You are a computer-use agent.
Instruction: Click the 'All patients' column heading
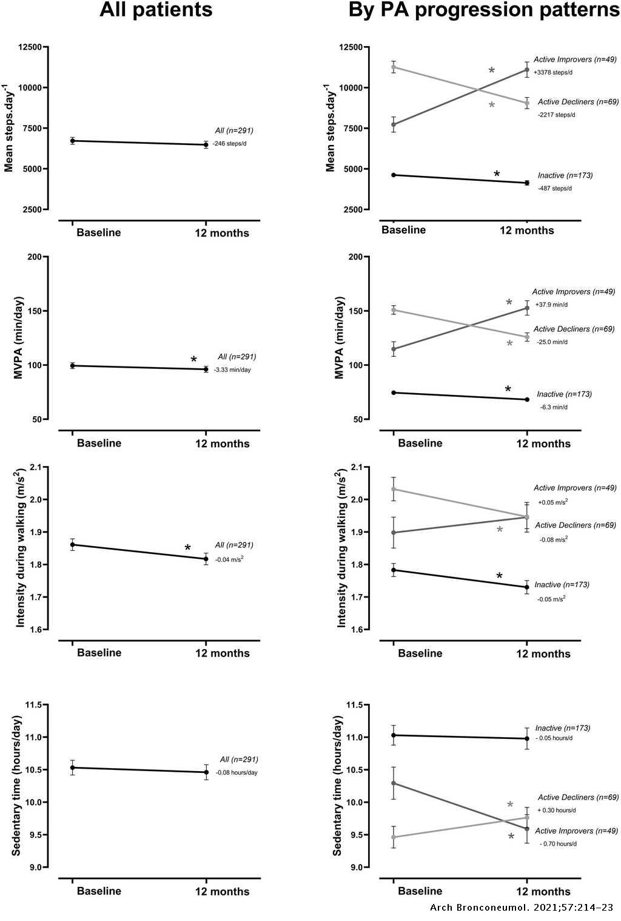pyautogui.click(x=156, y=10)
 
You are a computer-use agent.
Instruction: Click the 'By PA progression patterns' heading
pyautogui.click(x=483, y=10)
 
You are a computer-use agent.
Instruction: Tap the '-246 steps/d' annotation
pyautogui.click(x=230, y=144)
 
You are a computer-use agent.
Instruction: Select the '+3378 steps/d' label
pyautogui.click(x=553, y=72)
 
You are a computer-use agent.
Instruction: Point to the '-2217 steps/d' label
pyautogui.click(x=556, y=115)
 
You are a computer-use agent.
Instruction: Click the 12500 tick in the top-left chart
pyautogui.click(x=30, y=47)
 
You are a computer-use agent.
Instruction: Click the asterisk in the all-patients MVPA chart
pyautogui.click(x=193, y=360)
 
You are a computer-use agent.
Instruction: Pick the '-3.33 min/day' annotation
pyautogui.click(x=232, y=369)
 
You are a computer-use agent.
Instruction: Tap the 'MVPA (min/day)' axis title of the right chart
pyautogui.click(x=340, y=338)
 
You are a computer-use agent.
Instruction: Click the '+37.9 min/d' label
pyautogui.click(x=551, y=305)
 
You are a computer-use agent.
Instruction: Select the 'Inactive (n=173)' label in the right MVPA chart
pyautogui.click(x=564, y=394)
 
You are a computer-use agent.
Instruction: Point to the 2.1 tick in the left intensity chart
pyautogui.click(x=36, y=467)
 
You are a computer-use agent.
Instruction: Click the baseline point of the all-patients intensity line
pyautogui.click(x=73, y=545)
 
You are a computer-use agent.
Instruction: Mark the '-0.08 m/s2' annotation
pyautogui.click(x=553, y=539)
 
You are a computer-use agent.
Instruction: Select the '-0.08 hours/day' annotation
pyautogui.click(x=237, y=772)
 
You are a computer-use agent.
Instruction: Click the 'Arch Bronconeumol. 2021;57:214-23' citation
pyautogui.click(x=522, y=908)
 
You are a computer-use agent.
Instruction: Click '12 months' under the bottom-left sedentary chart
pyautogui.click(x=222, y=891)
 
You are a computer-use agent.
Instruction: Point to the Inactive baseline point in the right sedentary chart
pyautogui.click(x=394, y=735)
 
